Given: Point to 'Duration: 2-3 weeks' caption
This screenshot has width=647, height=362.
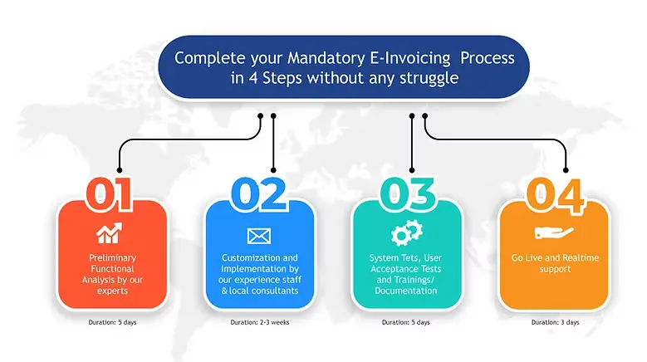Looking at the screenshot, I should click(259, 322).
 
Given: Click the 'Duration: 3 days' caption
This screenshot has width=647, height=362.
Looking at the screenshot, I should click(554, 322).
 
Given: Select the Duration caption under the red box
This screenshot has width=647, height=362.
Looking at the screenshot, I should click(112, 322).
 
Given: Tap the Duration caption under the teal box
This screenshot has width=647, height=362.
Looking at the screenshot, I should click(406, 322).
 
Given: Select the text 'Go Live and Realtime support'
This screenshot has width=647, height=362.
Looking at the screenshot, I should click(554, 264).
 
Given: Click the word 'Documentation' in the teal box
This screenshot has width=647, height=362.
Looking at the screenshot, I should click(406, 291).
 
